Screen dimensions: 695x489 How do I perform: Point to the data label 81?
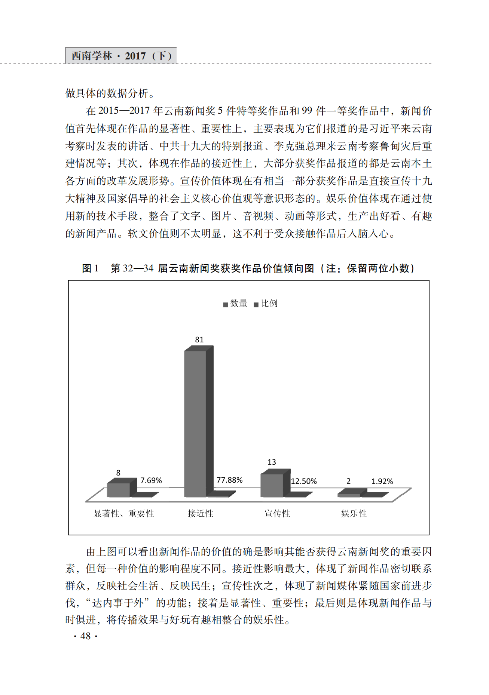point(199,339)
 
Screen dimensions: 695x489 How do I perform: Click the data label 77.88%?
point(229,480)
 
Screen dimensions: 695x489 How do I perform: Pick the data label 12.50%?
point(304,481)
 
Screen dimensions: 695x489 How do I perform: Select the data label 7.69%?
point(151,480)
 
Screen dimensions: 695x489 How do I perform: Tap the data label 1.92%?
point(382,482)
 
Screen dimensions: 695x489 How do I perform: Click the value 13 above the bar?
point(272,462)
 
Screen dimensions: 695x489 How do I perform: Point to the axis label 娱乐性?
point(354,514)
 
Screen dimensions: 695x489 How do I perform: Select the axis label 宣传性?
point(277,514)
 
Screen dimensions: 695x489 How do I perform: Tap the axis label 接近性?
point(201,514)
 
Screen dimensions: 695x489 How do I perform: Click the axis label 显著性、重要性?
point(124,514)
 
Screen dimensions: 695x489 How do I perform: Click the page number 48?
point(86,636)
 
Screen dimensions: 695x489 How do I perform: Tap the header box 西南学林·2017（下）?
point(121,56)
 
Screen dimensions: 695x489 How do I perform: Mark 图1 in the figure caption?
point(90,268)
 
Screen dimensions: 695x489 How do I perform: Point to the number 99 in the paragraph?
point(307,111)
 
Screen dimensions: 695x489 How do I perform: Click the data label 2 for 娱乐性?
point(348,481)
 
